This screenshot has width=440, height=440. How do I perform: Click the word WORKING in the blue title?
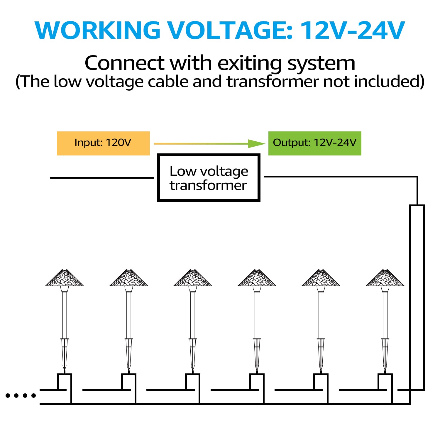(x=97, y=30)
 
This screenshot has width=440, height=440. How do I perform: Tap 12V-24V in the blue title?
(x=353, y=30)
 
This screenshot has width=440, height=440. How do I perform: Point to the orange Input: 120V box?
(x=103, y=143)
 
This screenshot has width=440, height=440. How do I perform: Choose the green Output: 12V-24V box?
(x=315, y=143)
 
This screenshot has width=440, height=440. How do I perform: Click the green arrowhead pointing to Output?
(x=257, y=144)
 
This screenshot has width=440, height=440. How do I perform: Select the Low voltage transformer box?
(x=209, y=178)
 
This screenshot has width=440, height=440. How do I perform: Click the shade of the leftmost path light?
(x=65, y=278)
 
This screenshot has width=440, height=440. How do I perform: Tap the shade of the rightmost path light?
(x=385, y=278)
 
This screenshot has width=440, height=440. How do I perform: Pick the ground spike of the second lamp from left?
(x=128, y=355)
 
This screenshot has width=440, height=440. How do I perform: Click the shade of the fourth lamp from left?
(x=257, y=278)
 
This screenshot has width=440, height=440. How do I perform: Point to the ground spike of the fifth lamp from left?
(x=321, y=355)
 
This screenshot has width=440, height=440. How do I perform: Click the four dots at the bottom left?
(x=21, y=395)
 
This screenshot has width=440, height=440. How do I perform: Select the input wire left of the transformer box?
(x=102, y=177)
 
